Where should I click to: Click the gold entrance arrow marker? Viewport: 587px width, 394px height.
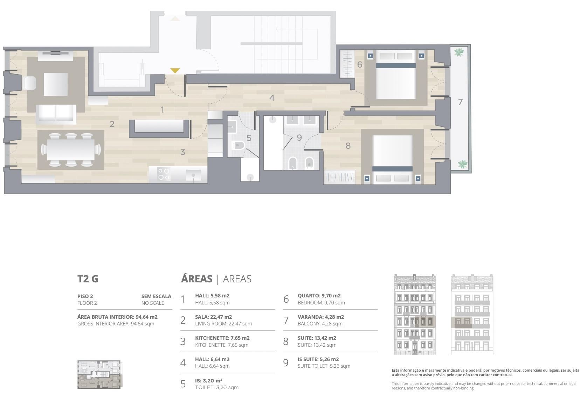(175, 70)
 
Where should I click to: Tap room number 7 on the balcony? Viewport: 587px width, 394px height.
(460, 102)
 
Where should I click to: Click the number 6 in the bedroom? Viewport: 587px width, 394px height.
(360, 64)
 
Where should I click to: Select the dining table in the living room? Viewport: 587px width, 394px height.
(71, 150)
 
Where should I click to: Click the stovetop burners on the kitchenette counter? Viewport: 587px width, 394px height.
(164, 174)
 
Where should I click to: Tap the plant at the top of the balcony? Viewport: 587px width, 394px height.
(458, 52)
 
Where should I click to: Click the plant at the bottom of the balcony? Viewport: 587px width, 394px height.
(463, 164)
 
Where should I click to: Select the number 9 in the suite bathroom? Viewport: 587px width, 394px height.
(299, 138)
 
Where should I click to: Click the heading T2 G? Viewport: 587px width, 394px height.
(88, 279)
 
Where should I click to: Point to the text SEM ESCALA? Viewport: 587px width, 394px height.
(156, 296)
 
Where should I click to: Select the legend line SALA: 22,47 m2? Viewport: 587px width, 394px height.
(213, 317)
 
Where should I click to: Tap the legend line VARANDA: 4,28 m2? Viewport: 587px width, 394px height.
(321, 317)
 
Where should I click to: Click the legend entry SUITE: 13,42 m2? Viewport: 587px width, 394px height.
(317, 338)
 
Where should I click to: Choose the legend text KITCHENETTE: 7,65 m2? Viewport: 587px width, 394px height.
(222, 338)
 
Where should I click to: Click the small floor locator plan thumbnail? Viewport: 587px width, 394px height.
(99, 374)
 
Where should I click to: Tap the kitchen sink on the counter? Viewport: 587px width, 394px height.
(193, 175)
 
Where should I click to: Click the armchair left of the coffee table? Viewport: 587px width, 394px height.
(29, 83)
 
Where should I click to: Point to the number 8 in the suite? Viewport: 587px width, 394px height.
(348, 146)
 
